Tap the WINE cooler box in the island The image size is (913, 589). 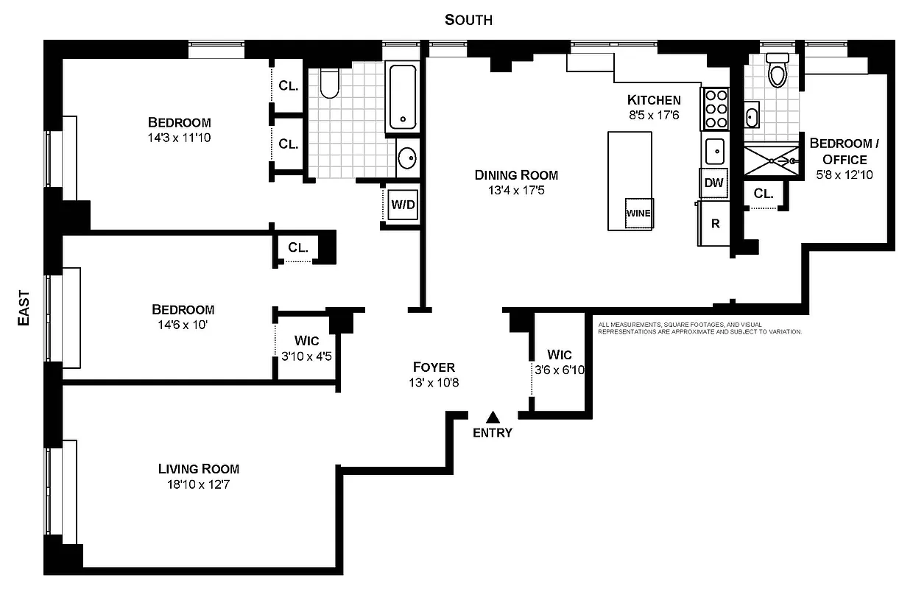638,214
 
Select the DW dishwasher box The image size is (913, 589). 713,183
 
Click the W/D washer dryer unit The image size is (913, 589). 403,205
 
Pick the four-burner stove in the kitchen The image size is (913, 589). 716,110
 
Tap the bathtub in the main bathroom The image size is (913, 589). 403,97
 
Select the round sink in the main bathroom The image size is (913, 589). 406,158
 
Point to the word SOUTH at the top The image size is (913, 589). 468,20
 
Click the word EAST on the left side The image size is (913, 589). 24,308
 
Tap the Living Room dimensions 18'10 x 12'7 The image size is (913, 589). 199,484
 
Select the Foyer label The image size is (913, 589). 434,367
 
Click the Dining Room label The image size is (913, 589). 516,175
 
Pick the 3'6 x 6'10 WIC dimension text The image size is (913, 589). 558,370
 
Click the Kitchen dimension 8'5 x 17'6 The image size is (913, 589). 654,115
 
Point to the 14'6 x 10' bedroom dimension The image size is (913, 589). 183,325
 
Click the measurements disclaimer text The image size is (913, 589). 699,328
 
